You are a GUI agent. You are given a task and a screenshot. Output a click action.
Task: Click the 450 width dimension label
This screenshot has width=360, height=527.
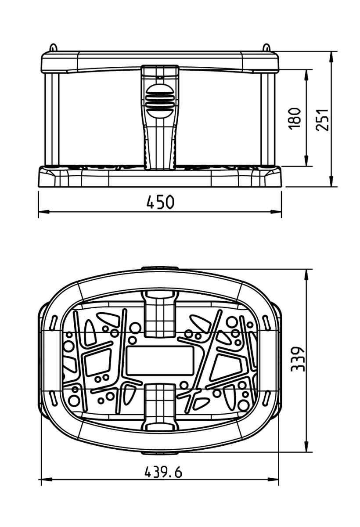coord(160,202)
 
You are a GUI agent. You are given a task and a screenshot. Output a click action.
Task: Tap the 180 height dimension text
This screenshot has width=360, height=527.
coord(295,119)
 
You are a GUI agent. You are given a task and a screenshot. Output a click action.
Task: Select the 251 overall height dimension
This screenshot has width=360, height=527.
coord(322,120)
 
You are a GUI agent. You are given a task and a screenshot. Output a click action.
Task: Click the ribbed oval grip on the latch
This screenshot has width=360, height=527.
coord(160,101)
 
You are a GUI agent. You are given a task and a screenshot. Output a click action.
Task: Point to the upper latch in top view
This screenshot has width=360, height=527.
coord(160,314)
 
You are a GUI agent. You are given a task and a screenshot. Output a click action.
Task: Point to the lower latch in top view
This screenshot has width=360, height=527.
coord(160,407)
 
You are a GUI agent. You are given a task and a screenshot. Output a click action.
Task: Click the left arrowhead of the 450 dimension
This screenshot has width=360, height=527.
coord(44,212)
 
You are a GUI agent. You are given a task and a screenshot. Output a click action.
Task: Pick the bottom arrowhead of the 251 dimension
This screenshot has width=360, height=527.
coord(331,181)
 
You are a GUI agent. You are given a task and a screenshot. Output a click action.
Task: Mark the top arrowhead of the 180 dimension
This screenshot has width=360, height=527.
coord(306,75)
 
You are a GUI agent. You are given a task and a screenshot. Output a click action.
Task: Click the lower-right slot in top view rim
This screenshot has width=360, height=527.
coord(266,397)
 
